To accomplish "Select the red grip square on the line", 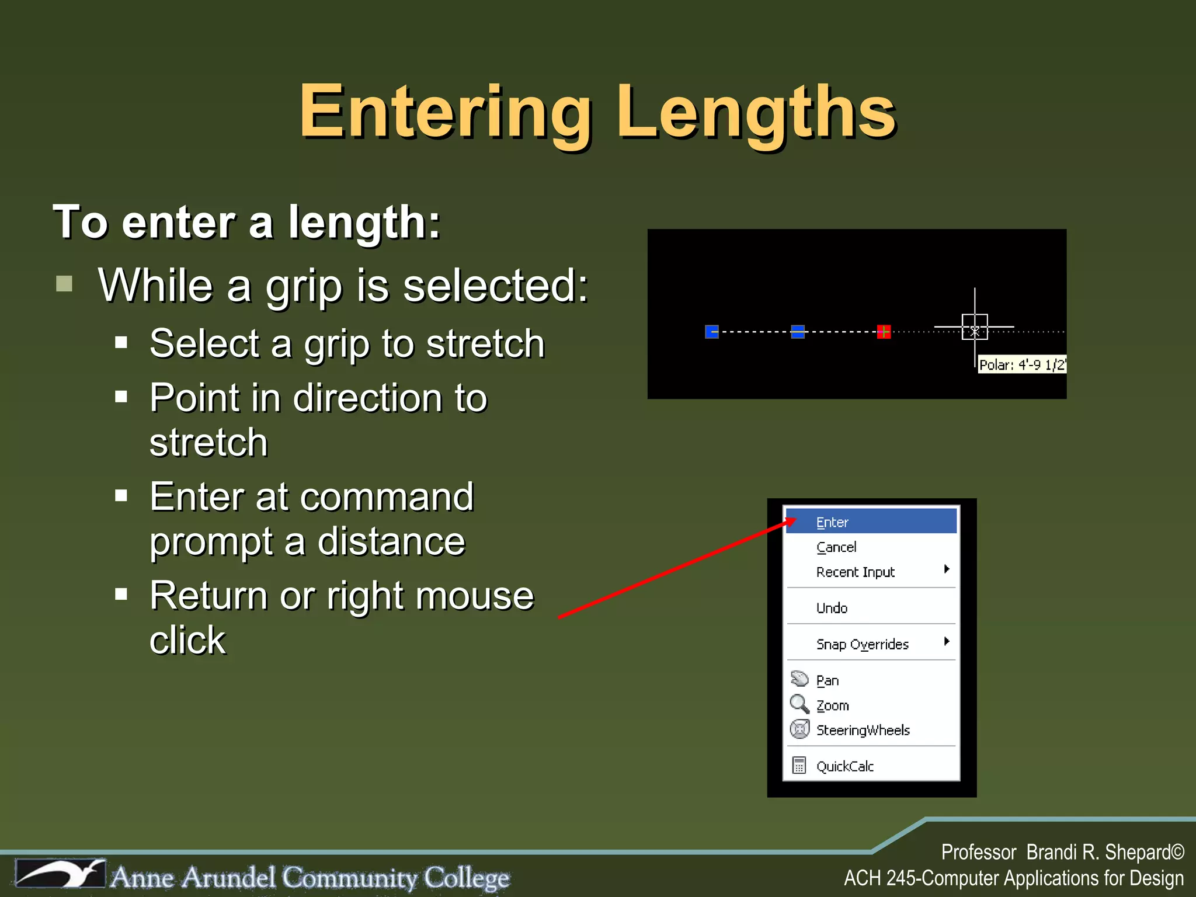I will point(884,332).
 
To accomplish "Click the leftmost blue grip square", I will point(712,332).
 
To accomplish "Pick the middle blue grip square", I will point(798,332).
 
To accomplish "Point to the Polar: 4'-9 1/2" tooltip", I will point(1022,365).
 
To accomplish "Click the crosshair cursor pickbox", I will point(975,327).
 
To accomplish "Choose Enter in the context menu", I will point(832,522).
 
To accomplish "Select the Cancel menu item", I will point(836,547).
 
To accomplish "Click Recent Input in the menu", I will point(855,572).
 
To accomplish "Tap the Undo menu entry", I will point(832,608).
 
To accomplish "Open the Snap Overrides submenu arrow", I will point(947,642).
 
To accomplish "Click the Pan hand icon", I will point(799,679).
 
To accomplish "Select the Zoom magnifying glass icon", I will point(799,704).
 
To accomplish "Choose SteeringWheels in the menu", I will point(863,730).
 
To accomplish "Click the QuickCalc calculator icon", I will point(799,765).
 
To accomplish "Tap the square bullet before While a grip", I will point(64,284).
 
